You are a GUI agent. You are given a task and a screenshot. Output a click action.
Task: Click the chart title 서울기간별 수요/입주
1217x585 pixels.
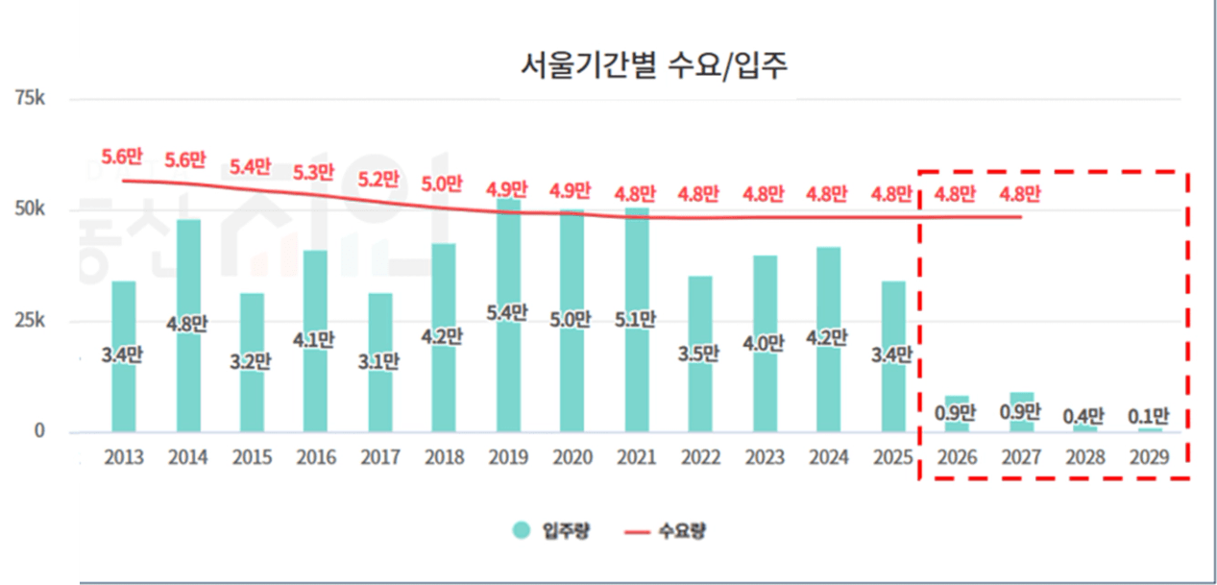click(x=652, y=66)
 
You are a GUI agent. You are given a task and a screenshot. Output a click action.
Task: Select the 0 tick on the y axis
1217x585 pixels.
click(x=39, y=431)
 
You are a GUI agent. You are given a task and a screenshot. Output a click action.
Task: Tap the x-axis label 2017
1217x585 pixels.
click(x=380, y=457)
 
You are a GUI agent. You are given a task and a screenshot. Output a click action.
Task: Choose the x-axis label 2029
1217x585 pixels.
click(x=1149, y=457)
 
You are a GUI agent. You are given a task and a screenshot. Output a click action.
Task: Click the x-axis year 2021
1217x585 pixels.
click(x=637, y=457)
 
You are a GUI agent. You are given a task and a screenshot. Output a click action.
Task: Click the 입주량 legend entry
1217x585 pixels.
click(x=551, y=530)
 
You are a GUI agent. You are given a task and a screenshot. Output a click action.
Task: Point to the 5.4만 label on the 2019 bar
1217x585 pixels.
click(x=508, y=311)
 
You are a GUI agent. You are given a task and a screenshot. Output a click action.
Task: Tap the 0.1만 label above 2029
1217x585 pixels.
click(x=1149, y=416)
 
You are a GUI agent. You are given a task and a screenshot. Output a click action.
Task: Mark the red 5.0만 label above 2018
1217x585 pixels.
click(x=444, y=183)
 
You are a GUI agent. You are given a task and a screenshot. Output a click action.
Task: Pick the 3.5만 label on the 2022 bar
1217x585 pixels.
click(x=700, y=352)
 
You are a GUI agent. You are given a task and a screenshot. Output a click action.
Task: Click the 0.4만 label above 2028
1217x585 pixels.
click(x=1084, y=416)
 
